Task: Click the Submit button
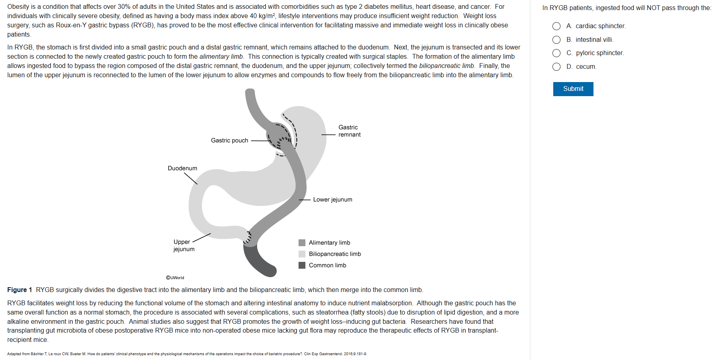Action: [x=573, y=89]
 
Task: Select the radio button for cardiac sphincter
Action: [x=556, y=26]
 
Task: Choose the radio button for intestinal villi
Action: [x=556, y=40]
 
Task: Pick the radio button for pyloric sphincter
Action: [x=556, y=53]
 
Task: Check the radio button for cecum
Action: [x=556, y=67]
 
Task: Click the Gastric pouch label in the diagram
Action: [x=229, y=140]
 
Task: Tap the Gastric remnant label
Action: [x=349, y=131]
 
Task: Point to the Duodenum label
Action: [x=182, y=168]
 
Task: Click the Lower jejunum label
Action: [x=332, y=200]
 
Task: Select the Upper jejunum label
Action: [x=183, y=245]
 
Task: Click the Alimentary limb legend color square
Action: [x=302, y=243]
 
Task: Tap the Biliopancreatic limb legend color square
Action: [x=302, y=254]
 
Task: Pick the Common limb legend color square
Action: [x=302, y=265]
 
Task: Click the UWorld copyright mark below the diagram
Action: [x=175, y=278]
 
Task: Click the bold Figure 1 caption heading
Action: [x=19, y=290]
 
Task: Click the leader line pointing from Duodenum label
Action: [x=191, y=179]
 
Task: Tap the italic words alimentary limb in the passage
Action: [x=221, y=57]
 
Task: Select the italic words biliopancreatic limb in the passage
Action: [x=446, y=66]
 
